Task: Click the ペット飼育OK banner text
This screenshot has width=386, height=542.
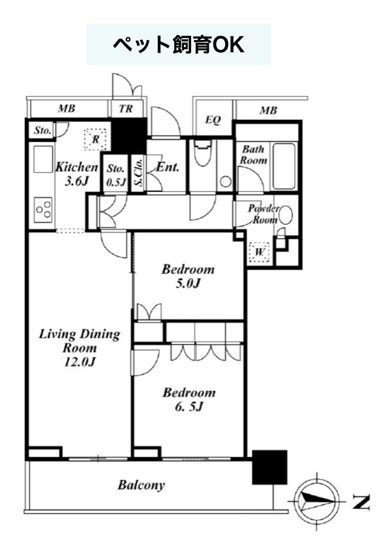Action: click(x=178, y=45)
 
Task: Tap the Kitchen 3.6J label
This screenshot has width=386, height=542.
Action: click(x=77, y=174)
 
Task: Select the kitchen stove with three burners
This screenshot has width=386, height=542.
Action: click(x=44, y=210)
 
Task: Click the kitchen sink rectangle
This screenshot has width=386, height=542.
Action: click(x=43, y=159)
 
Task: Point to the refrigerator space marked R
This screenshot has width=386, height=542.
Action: click(x=95, y=139)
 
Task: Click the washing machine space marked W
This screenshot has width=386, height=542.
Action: click(x=259, y=252)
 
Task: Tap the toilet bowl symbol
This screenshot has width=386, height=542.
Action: click(x=202, y=153)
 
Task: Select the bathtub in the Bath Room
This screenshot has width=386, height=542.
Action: click(x=284, y=166)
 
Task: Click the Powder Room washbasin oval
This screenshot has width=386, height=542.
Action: click(x=286, y=215)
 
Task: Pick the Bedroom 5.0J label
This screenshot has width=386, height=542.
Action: click(x=188, y=276)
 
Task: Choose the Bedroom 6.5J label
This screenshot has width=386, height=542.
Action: click(x=189, y=399)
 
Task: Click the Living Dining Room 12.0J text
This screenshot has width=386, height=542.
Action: click(x=79, y=347)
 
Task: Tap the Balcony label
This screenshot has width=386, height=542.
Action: click(x=141, y=485)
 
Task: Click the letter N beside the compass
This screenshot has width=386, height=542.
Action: click(x=361, y=501)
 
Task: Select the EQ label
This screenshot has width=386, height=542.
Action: click(x=213, y=120)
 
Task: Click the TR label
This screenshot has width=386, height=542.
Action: click(x=126, y=108)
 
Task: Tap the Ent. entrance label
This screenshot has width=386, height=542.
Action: click(x=168, y=168)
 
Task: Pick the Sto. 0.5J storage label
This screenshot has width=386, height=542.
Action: click(x=116, y=175)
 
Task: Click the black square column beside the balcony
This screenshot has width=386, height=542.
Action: click(x=269, y=467)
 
